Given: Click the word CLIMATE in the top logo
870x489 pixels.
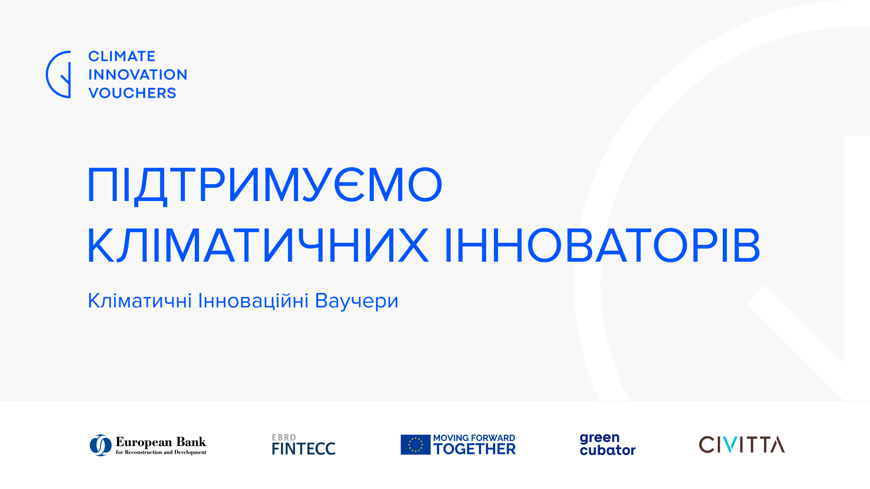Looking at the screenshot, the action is [122, 56].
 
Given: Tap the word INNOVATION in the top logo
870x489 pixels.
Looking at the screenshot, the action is [138, 75].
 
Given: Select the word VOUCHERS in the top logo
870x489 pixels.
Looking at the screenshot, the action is [132, 93].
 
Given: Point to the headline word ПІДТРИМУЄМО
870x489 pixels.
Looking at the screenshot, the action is [265, 185].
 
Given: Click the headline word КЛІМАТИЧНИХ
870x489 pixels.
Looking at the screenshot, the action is [258, 245].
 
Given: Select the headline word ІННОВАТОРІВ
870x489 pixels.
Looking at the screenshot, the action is [602, 245].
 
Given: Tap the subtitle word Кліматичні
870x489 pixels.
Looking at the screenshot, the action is [140, 301].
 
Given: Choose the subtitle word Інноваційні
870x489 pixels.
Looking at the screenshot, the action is [253, 301].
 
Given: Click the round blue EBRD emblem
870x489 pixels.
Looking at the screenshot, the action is [101, 445].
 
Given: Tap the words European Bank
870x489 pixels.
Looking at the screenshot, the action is [161, 442].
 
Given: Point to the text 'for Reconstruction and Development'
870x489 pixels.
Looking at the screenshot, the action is [161, 452].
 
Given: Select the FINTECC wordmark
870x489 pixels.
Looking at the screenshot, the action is [304, 449].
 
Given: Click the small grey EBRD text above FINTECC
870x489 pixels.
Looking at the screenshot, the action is [284, 437].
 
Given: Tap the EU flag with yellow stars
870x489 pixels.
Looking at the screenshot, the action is [416, 445].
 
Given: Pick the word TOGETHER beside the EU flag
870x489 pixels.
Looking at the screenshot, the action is [474, 449].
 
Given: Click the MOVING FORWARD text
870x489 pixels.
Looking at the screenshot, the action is [474, 438].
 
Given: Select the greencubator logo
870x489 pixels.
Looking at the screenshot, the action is [608, 444].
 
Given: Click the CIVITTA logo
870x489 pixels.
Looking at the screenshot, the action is [742, 445].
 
